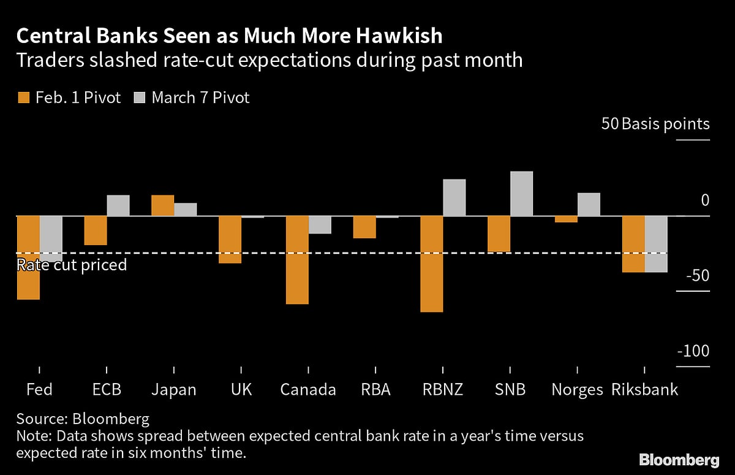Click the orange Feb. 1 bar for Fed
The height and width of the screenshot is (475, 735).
(x=28, y=257)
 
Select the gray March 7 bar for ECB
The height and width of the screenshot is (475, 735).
(x=118, y=205)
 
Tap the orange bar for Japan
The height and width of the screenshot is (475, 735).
(x=163, y=205)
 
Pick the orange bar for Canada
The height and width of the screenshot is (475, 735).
(x=298, y=260)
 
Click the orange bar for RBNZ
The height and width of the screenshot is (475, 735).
(x=432, y=264)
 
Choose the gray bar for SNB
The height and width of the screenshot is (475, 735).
(x=521, y=194)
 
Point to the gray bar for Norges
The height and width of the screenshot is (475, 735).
(x=589, y=205)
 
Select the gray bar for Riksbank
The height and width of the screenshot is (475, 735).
(x=656, y=244)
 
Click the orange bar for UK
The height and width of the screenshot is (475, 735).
(x=230, y=240)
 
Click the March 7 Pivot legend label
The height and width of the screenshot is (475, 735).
(x=200, y=97)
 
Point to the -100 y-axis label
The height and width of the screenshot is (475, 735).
(x=693, y=352)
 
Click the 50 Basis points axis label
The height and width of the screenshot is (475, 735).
(x=655, y=124)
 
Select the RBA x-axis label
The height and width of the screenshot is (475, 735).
(x=375, y=390)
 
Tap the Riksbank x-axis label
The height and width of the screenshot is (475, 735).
(x=644, y=390)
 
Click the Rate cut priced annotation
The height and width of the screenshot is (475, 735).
(x=72, y=265)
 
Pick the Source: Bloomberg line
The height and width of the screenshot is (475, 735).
(x=83, y=420)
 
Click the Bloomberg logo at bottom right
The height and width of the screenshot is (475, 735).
(x=679, y=459)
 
